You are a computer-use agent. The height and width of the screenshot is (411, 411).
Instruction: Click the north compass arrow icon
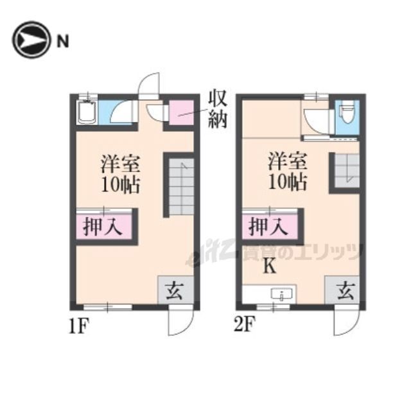coord(31,40)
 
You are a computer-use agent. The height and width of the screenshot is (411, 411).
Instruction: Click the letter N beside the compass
coord(63,41)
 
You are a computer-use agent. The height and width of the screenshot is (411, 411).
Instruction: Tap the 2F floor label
coord(245,324)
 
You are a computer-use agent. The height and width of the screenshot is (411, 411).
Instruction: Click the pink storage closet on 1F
coord(181,112)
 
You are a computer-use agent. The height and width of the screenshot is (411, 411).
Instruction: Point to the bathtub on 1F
coord(87,112)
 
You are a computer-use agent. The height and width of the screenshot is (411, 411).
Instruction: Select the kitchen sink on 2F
coord(281,294)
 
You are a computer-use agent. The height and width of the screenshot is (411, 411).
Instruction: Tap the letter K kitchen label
coord(270,266)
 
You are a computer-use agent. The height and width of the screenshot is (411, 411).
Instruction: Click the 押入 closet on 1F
coord(103,226)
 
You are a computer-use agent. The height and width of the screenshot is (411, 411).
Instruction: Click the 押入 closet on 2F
coord(270,226)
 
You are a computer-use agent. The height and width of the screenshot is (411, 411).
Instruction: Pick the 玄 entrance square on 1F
coord(175,290)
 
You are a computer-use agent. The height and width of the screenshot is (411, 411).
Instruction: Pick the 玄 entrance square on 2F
coord(342,290)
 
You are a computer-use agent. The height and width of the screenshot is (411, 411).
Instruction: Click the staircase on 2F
coord(347,170)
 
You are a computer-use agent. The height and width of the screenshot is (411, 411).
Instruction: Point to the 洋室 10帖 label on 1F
coord(120,174)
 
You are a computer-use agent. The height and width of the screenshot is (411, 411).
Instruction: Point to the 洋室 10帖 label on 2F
coord(287,171)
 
